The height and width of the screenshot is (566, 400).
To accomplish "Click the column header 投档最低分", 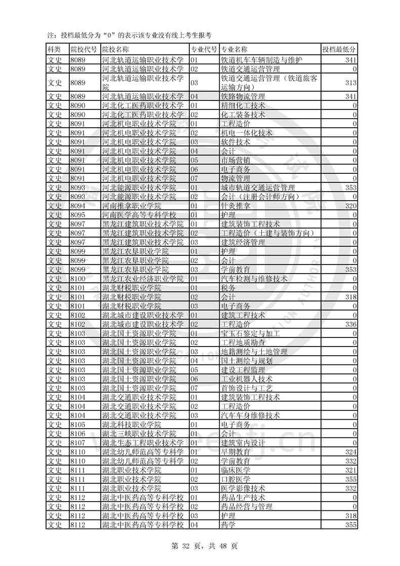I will pos(339,49).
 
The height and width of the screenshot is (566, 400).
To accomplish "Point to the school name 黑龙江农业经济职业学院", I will pos(143,279).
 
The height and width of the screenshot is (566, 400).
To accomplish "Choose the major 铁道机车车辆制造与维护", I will pos(262,60).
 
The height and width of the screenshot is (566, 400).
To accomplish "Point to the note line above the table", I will pos(129,35).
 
